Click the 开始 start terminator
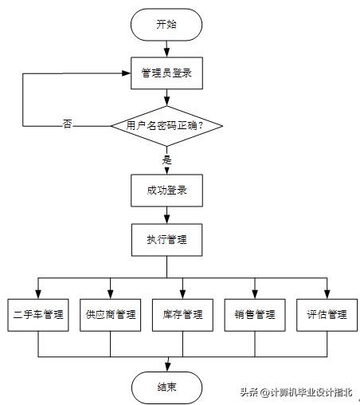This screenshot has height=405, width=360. [166, 24]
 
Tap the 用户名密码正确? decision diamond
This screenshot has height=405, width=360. [166, 125]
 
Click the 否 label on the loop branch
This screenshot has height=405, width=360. [68, 125]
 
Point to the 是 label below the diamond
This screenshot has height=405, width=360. [166, 159]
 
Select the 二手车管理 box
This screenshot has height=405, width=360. [38, 314]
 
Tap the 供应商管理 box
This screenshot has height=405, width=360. [111, 314]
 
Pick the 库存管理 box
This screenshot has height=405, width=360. [182, 314]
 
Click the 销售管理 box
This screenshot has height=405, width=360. [255, 314]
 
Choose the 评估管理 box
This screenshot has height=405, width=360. [327, 314]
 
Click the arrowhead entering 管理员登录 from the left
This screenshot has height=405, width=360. [127, 73]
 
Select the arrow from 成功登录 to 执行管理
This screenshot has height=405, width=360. [166, 214]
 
